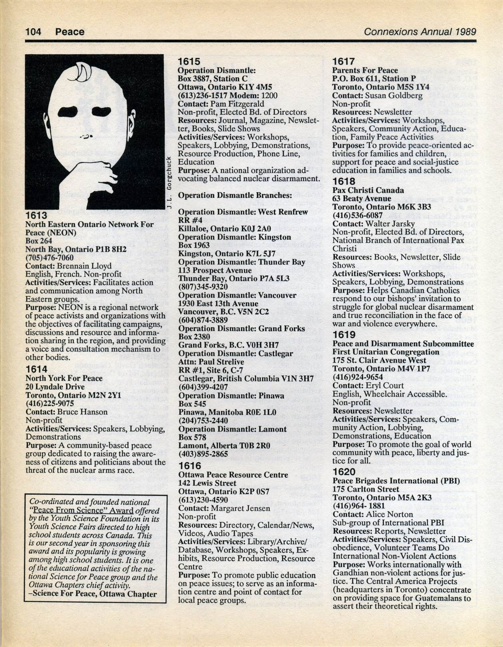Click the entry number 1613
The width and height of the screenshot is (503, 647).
tap(36, 216)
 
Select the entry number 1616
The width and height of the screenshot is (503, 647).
tap(189, 466)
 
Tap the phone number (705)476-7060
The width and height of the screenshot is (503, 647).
tap(49, 258)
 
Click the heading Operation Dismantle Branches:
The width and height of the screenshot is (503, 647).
tap(235, 195)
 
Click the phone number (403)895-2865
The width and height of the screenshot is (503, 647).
tap(203, 454)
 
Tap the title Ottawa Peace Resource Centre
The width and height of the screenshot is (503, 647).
tap(233, 475)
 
